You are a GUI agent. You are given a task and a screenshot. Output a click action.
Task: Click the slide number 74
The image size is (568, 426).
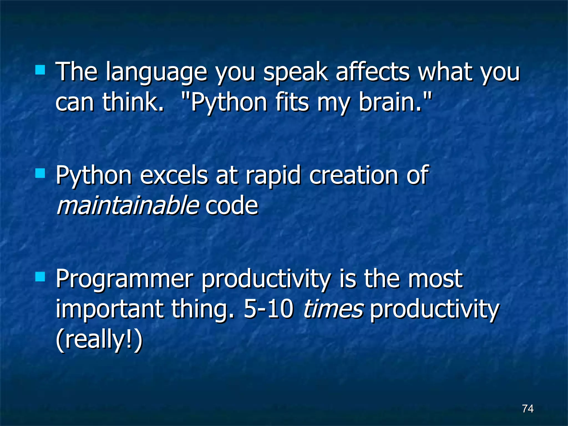(528, 409)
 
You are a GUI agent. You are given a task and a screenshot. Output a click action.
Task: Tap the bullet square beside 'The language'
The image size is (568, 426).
(40, 70)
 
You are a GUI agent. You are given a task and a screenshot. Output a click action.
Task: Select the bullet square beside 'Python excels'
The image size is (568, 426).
(40, 174)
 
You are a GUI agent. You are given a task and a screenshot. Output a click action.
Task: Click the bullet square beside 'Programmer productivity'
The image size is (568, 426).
(40, 277)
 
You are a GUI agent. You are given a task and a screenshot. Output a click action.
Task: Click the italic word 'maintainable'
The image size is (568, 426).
(128, 205)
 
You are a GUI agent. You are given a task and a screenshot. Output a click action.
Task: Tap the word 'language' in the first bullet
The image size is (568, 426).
(156, 73)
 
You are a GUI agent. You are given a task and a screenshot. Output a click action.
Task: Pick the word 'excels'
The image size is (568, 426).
(174, 175)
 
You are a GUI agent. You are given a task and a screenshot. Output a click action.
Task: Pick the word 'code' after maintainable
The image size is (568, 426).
(232, 205)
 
